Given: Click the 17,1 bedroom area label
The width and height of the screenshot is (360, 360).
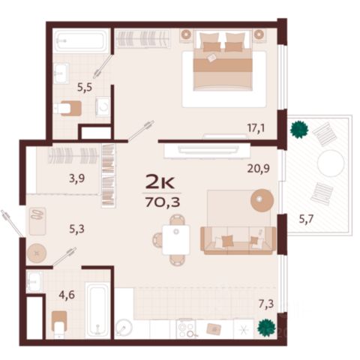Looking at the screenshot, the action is [256, 128].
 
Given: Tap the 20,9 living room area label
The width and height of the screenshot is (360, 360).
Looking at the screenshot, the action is [258, 169].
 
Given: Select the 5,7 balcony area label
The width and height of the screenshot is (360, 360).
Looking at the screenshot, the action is [306, 219].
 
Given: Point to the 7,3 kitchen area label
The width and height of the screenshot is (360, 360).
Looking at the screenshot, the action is [266, 304].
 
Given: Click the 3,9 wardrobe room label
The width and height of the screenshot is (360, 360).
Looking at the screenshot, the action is [77, 178].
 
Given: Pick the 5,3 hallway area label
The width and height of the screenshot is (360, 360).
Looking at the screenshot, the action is [76, 229].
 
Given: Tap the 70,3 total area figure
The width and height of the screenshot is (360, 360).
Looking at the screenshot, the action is [163, 202].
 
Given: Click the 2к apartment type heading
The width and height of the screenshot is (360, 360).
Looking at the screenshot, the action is [160, 182].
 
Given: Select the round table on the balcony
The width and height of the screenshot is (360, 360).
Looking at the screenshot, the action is [331, 163].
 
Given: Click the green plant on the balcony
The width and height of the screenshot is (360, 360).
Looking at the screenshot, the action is [299, 130].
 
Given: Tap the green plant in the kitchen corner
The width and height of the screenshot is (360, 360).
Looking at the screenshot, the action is [267, 327].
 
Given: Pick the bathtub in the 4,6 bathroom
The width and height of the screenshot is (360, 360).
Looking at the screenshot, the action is [97, 310].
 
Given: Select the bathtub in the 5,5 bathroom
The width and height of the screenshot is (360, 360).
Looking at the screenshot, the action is [80, 40].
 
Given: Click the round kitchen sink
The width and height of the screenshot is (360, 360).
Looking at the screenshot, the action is [124, 328].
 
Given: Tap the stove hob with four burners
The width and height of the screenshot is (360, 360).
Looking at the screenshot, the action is [185, 328].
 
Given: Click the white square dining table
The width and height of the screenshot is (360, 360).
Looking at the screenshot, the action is [176, 240].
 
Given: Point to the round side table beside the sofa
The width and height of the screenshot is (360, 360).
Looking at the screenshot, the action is [262, 200].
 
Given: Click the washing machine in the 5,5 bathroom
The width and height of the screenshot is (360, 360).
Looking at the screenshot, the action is [103, 106].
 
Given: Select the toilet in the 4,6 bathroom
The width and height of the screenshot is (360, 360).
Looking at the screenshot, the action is [59, 325].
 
